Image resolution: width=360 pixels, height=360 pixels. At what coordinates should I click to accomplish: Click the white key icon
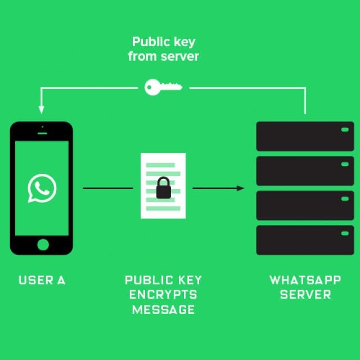click(x=163, y=87)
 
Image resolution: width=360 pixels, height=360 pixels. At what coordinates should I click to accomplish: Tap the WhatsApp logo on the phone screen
click(x=42, y=188)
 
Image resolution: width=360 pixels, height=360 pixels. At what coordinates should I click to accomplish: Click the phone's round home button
click(x=43, y=244)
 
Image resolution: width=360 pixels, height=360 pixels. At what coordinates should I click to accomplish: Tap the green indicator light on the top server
click(x=344, y=130)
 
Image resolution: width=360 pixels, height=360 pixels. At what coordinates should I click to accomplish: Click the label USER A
click(x=42, y=280)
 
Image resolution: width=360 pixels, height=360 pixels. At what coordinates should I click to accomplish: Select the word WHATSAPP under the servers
click(x=305, y=280)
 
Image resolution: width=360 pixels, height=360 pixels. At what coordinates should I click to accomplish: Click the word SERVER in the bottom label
click(x=305, y=295)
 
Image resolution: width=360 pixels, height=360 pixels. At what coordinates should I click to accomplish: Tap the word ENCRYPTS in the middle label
click(x=163, y=295)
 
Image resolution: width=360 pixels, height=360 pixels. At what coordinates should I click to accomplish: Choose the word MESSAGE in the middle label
click(x=163, y=309)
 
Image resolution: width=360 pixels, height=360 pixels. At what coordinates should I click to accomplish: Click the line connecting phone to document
click(x=107, y=188)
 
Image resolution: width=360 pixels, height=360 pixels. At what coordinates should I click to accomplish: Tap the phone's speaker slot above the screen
click(x=42, y=133)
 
